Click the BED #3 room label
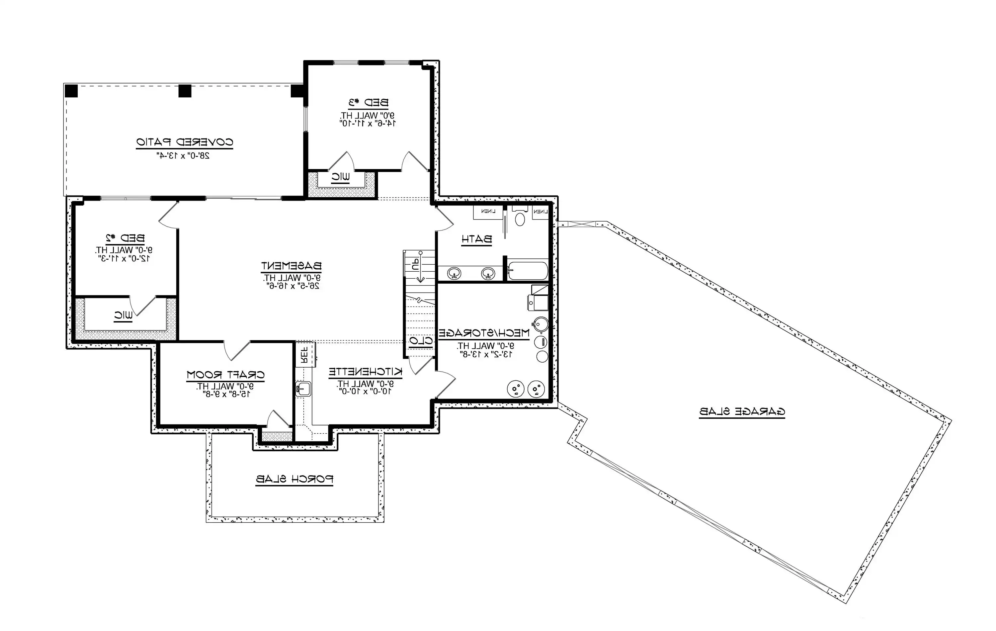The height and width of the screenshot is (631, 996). pos(368,102)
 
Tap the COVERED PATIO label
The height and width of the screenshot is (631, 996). pos(185,142)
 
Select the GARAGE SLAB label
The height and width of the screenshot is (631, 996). pos(742,412)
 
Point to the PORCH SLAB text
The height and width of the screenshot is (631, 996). pos(294,479)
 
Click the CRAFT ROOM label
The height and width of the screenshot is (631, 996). pos(225,375)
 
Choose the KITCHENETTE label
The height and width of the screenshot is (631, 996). pos(365,372)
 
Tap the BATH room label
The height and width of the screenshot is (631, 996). pos(476,239)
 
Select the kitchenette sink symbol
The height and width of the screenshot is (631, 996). pos(303,389)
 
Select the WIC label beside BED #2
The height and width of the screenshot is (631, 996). pos(123,315)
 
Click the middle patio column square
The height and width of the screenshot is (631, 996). pos(185,91)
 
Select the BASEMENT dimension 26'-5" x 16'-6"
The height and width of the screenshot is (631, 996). pos(291,286)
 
